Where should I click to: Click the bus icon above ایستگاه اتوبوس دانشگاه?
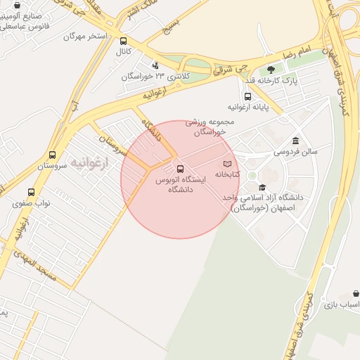180,169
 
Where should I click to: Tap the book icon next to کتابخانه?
226,163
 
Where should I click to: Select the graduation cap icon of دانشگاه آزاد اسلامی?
262,187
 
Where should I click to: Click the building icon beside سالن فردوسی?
294,140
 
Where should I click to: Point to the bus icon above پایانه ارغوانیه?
247,96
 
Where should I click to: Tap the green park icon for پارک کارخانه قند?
271,70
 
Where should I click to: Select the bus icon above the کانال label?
124,41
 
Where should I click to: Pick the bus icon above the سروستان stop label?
52,155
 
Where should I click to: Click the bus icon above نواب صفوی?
30,192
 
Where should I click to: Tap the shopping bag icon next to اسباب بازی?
356,294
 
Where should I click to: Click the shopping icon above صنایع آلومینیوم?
17,5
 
